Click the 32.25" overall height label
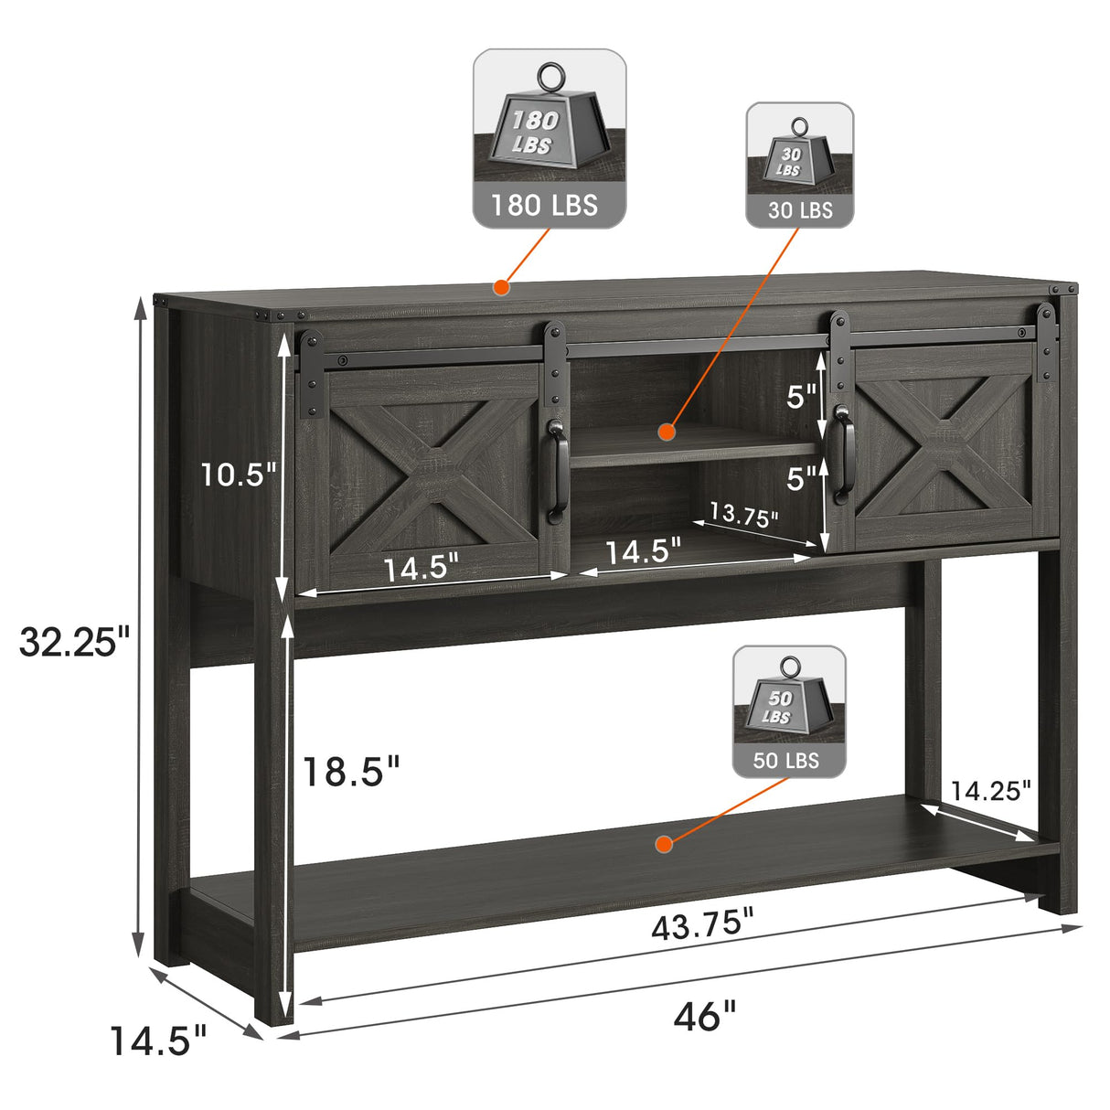tap(76, 643)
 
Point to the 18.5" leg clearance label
tap(351, 772)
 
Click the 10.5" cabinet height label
tap(239, 475)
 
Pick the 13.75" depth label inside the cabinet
tap(743, 514)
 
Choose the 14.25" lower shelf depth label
tap(990, 791)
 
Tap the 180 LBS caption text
tap(544, 205)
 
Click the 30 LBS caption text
tap(800, 210)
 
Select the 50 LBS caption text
tap(785, 761)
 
